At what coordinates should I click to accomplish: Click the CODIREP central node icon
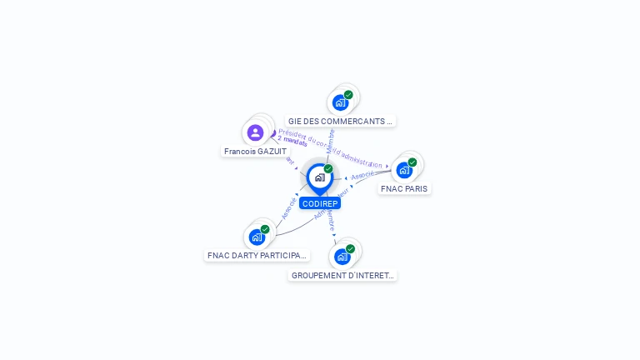tap(319, 177)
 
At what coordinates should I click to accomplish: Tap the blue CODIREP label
tap(320, 203)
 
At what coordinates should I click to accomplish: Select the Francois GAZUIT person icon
tap(255, 132)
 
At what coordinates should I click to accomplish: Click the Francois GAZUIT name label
tap(255, 152)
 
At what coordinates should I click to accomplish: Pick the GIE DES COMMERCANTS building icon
tap(340, 102)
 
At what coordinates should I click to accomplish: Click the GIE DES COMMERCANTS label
tap(340, 122)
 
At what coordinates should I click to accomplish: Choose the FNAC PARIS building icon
tap(404, 170)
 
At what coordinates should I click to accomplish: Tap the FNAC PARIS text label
tap(404, 189)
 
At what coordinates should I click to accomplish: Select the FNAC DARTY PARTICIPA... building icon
tap(257, 237)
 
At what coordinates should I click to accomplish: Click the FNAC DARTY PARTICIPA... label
tap(257, 256)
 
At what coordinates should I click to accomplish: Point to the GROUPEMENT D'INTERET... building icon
tap(342, 257)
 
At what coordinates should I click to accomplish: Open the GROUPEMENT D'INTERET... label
tap(342, 276)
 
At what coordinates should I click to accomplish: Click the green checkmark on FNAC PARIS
tap(412, 162)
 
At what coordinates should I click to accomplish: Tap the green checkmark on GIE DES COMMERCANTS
tap(348, 95)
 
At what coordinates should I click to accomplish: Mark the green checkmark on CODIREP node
tap(328, 169)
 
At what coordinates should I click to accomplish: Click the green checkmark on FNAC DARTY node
tap(265, 229)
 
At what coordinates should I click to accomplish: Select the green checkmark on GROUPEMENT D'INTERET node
tap(350, 249)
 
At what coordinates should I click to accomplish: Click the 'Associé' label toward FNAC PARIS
tap(362, 176)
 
